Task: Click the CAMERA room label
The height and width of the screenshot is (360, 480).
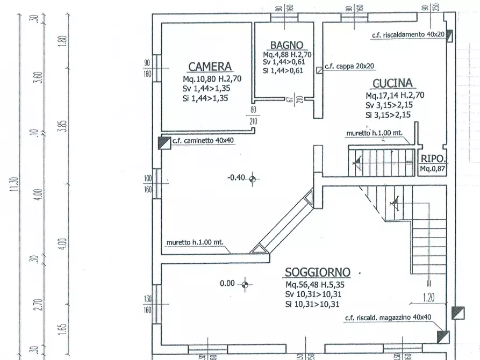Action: pyautogui.click(x=210, y=67)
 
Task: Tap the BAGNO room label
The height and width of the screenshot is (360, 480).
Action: pyautogui.click(x=286, y=45)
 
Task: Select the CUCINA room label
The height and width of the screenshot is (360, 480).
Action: pyautogui.click(x=392, y=83)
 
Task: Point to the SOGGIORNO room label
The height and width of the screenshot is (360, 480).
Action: pyautogui.click(x=318, y=272)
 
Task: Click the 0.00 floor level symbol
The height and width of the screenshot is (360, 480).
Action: pyautogui.click(x=245, y=284)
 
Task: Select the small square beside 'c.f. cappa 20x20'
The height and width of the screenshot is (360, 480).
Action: pyautogui.click(x=319, y=69)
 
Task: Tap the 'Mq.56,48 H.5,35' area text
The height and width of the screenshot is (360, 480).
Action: pyautogui.click(x=318, y=285)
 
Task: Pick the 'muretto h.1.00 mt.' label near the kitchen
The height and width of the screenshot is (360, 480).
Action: pyautogui.click(x=375, y=132)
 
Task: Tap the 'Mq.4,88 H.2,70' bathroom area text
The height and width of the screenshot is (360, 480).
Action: pyautogui.click(x=287, y=55)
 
